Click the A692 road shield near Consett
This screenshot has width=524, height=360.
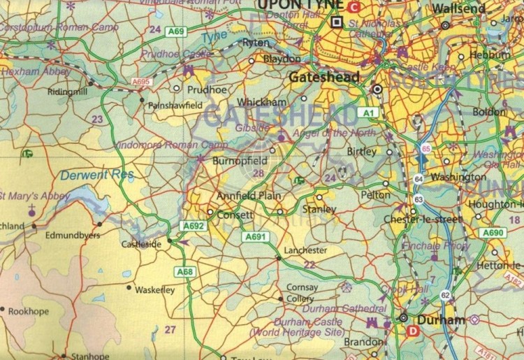[x=192, y=225]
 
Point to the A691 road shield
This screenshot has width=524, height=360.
[x=256, y=238]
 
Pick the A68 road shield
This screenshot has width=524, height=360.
[x=184, y=271]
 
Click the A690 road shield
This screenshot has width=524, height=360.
[x=493, y=233]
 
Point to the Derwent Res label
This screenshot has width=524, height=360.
[x=87, y=175]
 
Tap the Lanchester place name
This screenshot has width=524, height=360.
[x=306, y=250]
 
